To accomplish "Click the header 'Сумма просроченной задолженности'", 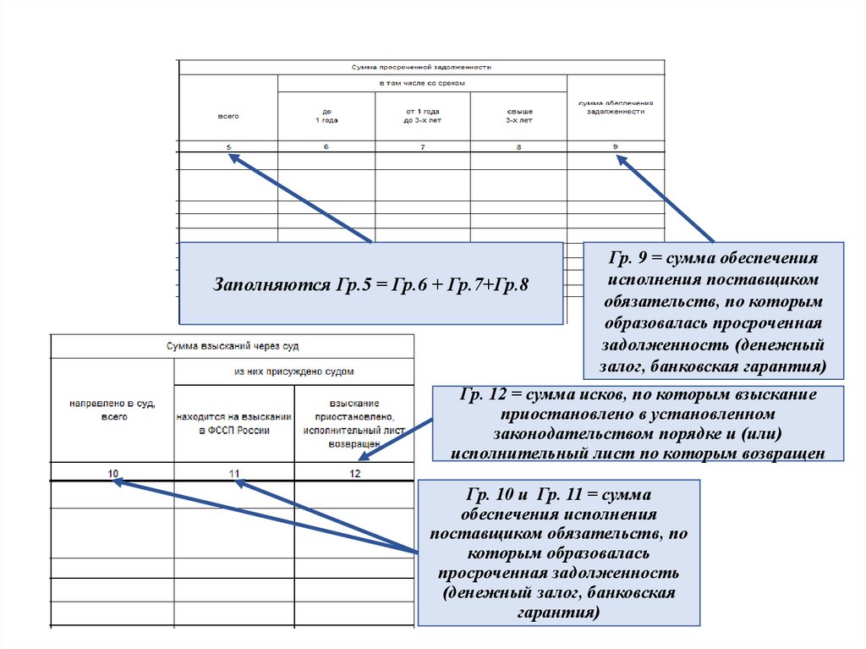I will pyautogui.click(x=421, y=67).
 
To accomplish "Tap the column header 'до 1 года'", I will pyautogui.click(x=326, y=116).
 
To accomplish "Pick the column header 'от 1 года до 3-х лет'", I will pyautogui.click(x=423, y=116).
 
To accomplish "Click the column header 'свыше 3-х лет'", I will pyautogui.click(x=519, y=116).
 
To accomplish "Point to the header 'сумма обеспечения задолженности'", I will pyautogui.click(x=617, y=107).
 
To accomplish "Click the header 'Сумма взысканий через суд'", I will pyautogui.click(x=232, y=346).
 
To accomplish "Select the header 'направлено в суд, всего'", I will pyautogui.click(x=113, y=411).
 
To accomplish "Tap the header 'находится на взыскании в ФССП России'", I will pyautogui.click(x=234, y=424).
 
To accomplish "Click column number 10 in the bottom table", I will pyautogui.click(x=113, y=473).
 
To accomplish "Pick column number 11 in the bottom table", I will pyautogui.click(x=234, y=473).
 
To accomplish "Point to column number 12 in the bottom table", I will pyautogui.click(x=354, y=473).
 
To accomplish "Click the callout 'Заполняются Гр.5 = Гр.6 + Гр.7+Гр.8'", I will pyautogui.click(x=371, y=283).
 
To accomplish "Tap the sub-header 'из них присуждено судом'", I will pyautogui.click(x=294, y=371).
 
